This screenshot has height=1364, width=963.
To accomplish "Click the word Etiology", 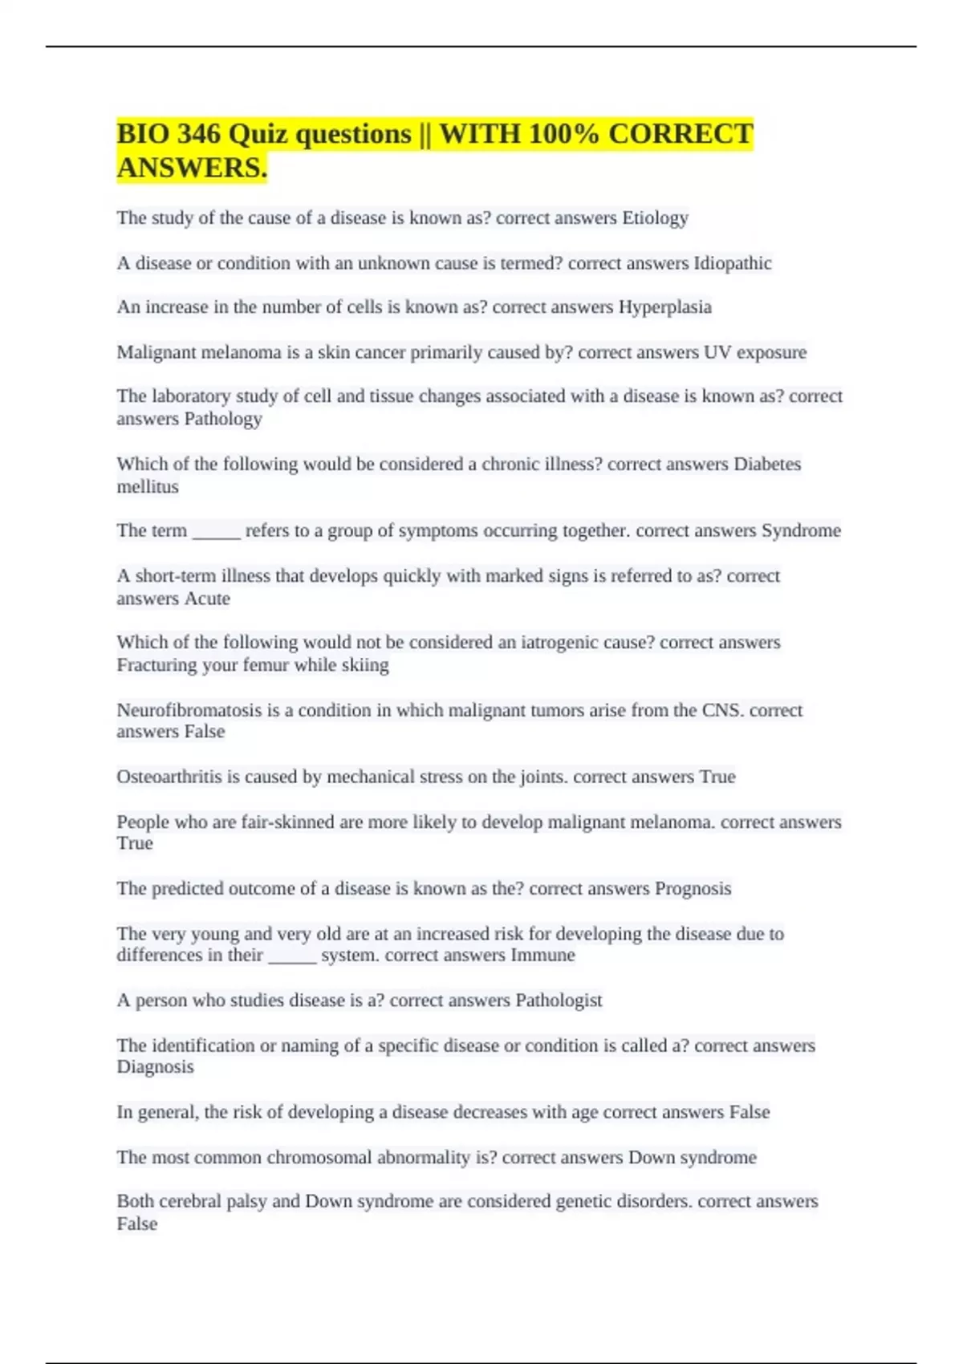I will pyautogui.click(x=655, y=218).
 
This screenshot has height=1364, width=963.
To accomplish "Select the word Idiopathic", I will pyautogui.click(x=732, y=263).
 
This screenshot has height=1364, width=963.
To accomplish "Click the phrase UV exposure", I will pyautogui.click(x=755, y=352).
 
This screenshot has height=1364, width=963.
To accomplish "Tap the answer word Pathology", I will pyautogui.click(x=223, y=419).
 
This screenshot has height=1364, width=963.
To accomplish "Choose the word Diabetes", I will pyautogui.click(x=767, y=464).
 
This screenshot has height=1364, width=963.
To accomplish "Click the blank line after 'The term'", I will pyautogui.click(x=216, y=531).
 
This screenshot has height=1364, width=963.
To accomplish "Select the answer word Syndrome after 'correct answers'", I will pyautogui.click(x=801, y=531).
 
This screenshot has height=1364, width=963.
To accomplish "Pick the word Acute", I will pyautogui.click(x=207, y=599).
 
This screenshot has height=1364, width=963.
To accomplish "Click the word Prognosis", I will pyautogui.click(x=693, y=889).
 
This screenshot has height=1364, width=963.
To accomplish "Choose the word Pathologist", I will pyautogui.click(x=559, y=1001).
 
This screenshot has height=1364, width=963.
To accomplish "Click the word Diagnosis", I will pyautogui.click(x=155, y=1067).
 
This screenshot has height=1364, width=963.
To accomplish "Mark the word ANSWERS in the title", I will pyautogui.click(x=192, y=168).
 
